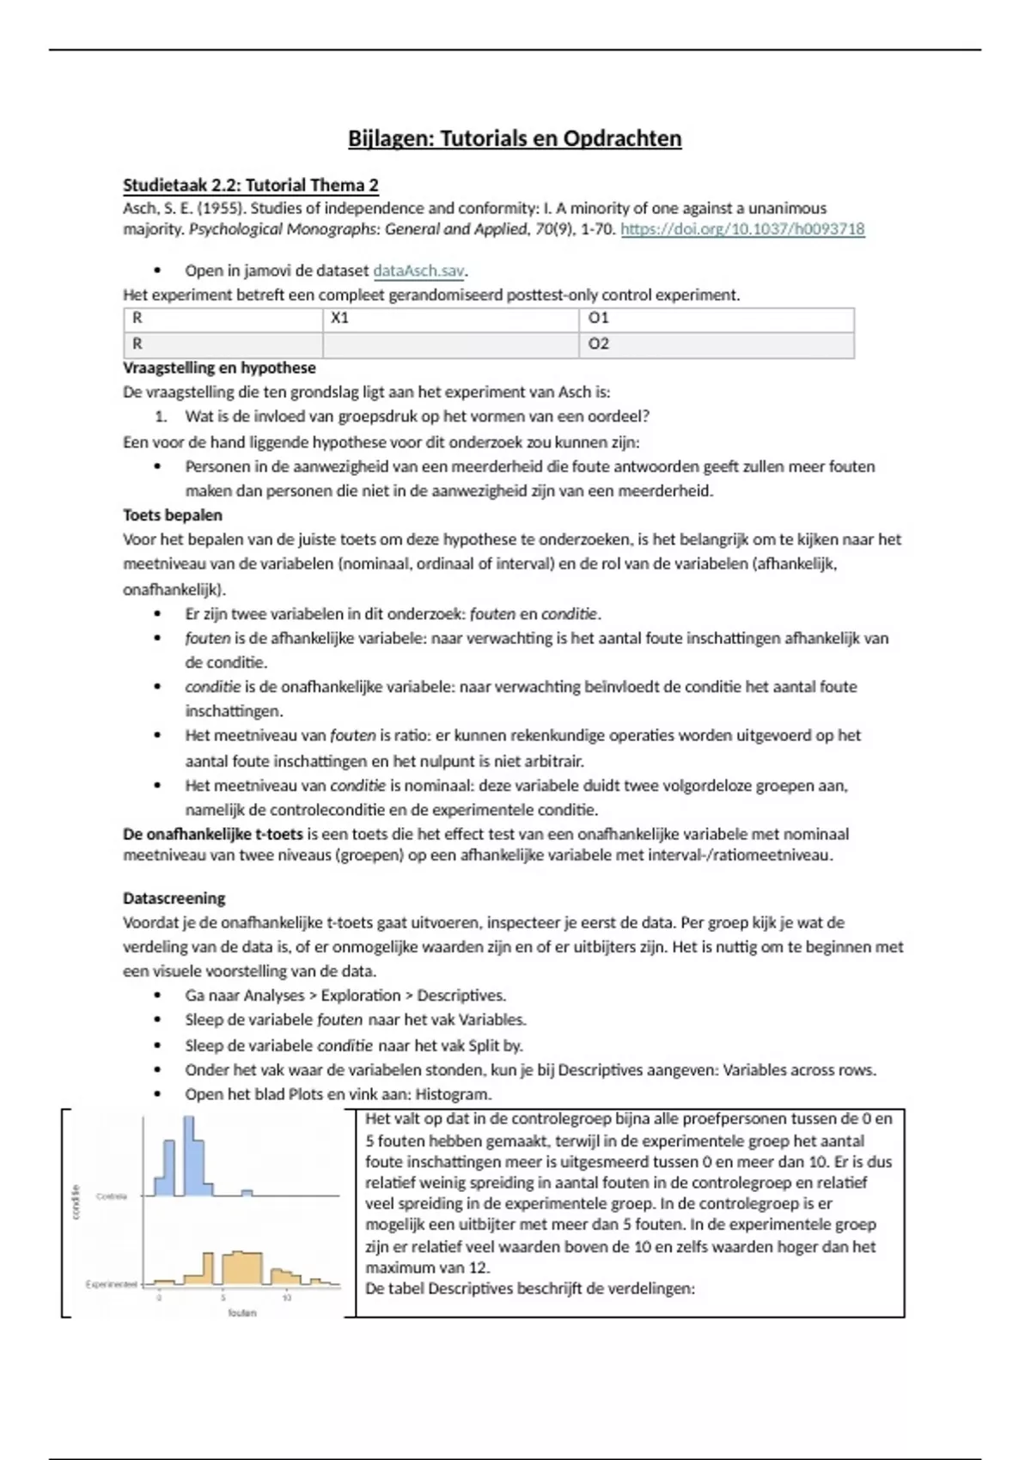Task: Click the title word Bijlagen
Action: coord(390,139)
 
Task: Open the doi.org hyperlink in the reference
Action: coord(742,229)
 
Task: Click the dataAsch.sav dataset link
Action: coord(418,271)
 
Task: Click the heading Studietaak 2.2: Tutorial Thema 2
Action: coord(250,186)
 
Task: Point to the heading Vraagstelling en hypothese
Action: coord(219,368)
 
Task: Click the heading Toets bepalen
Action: coord(172,515)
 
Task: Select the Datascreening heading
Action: coord(174,898)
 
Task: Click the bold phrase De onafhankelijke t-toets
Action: coord(212,834)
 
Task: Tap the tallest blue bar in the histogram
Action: coord(189,1155)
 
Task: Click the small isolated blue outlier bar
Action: coord(247,1192)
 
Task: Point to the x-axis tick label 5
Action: coord(223,1298)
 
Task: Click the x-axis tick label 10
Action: coord(287,1298)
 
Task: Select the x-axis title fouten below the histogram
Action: coord(242,1313)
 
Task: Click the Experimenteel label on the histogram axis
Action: coord(111,1284)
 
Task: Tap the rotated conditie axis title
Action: coord(76,1201)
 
